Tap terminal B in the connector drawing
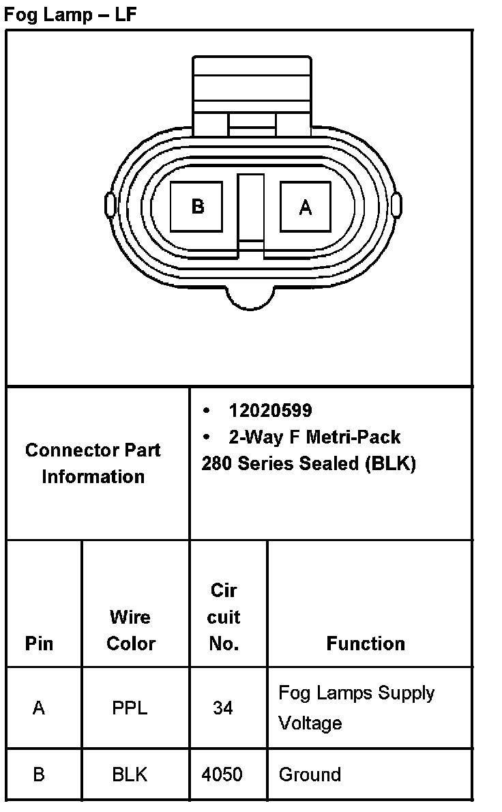pos(196,207)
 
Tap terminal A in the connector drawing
pos(306,207)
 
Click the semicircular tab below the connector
pos(250,299)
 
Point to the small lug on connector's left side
pos(110,205)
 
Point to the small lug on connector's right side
pos(396,205)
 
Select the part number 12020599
pos(270,411)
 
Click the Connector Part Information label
pos(93,463)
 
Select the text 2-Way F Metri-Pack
pos(314,437)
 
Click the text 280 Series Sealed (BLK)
pos(309,463)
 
